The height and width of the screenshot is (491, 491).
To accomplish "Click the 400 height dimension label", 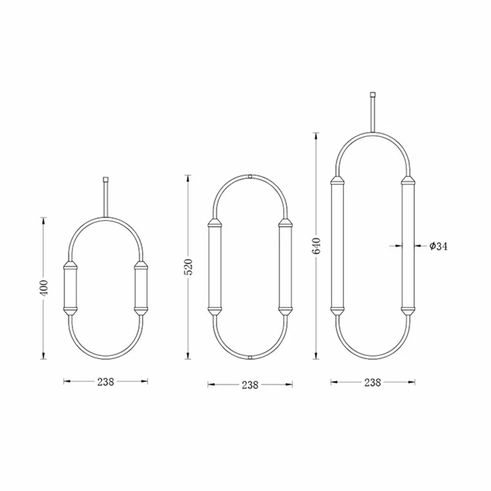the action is point(44,288).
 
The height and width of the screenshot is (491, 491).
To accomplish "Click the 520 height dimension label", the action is point(189,267).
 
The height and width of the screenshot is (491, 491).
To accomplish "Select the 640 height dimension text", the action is point(317,246).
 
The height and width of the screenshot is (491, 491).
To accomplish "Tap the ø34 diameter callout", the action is point(438,246).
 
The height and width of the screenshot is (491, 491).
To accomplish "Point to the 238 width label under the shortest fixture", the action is point(106,382).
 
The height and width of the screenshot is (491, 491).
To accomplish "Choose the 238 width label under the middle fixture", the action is point(250,385).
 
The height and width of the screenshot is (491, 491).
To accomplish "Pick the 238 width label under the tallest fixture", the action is point(373,382).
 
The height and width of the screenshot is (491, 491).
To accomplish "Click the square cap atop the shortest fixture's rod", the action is point(106,179).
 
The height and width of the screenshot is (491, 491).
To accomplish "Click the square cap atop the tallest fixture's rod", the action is point(373,94).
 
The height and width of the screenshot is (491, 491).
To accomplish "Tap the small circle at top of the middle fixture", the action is point(250,177).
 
